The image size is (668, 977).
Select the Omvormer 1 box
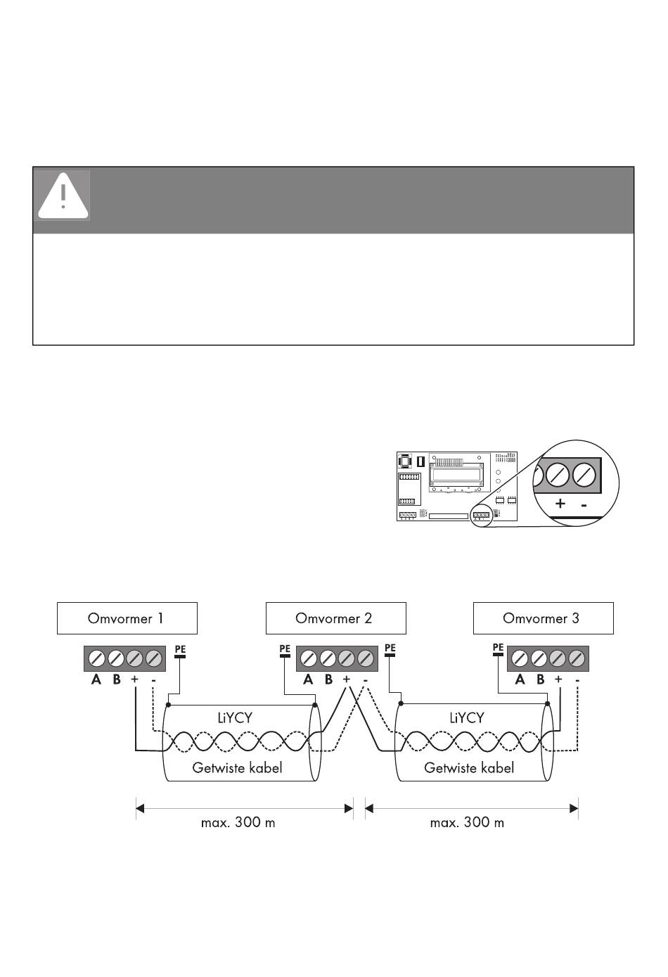(x=127, y=618)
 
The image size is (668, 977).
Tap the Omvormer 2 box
(x=335, y=618)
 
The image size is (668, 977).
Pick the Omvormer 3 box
(x=544, y=618)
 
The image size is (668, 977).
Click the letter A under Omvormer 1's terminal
(x=96, y=679)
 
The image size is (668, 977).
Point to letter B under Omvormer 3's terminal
(x=541, y=679)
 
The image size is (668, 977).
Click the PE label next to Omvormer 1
(x=180, y=649)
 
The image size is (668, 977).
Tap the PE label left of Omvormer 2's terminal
(x=285, y=649)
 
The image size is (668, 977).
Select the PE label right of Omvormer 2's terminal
(x=390, y=648)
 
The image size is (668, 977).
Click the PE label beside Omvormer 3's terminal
(x=498, y=648)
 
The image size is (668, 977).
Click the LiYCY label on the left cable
(x=235, y=718)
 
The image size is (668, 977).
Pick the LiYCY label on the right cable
(x=467, y=718)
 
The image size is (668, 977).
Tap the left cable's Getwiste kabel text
(x=237, y=767)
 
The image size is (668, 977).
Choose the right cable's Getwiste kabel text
(x=469, y=767)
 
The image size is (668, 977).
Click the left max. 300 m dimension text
(x=238, y=822)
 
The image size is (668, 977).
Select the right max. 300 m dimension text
(x=467, y=822)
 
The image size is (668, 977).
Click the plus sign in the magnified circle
(x=560, y=504)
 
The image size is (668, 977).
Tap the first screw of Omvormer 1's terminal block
(x=96, y=658)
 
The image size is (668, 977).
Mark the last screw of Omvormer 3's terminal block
(x=577, y=658)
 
